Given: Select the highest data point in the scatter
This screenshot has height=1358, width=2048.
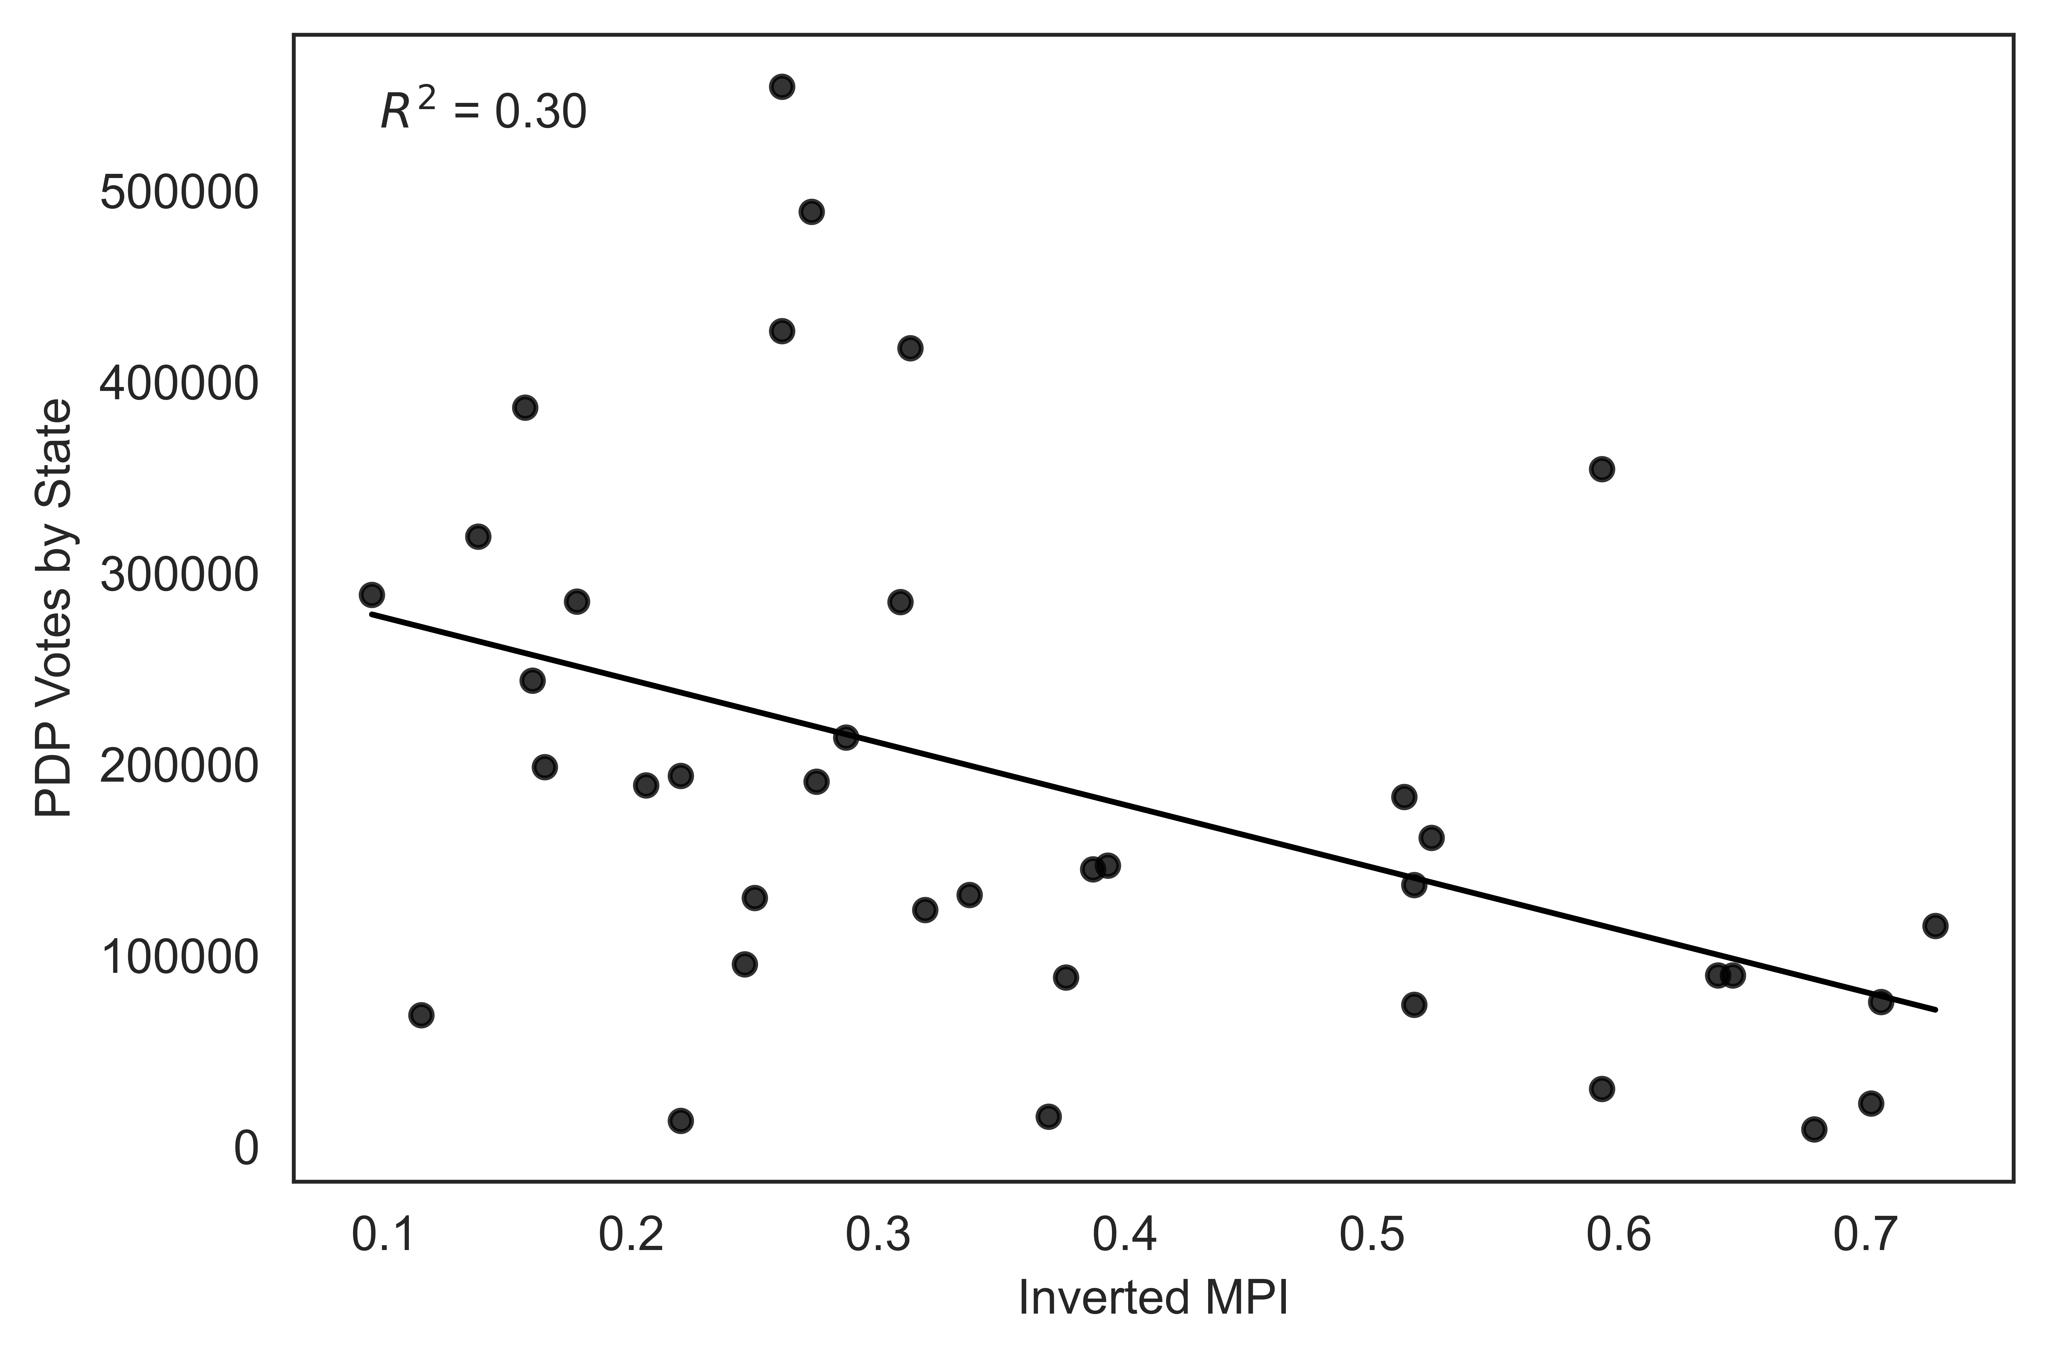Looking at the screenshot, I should coord(782,87).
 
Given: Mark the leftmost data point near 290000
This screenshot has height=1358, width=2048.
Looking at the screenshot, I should coord(372,595).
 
